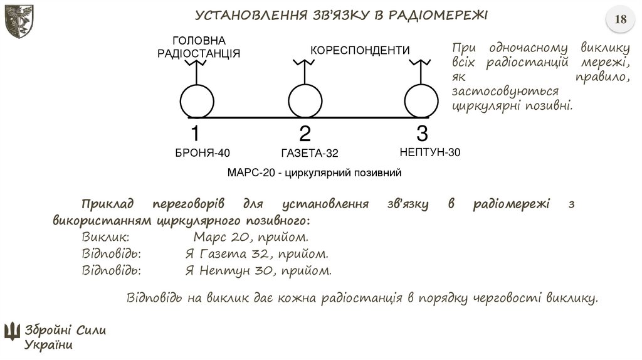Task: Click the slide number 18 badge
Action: point(621,19)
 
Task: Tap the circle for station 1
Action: point(197,101)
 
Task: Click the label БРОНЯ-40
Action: point(203,152)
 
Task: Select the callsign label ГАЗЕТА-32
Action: point(310,153)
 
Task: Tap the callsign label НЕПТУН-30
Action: point(430,152)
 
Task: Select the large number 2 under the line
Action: point(305,134)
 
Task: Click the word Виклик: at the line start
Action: point(106,238)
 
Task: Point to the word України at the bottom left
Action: point(49,345)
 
